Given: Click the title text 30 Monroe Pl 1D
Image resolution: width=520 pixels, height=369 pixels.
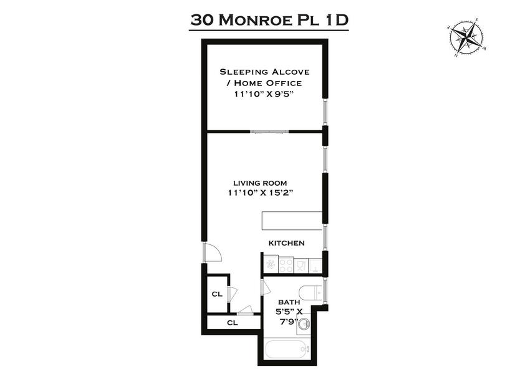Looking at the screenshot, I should coord(269,19).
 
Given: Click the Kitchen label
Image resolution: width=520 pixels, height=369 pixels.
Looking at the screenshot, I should coord(286,243).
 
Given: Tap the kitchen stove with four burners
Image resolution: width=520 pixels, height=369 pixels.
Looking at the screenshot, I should coord(286,266).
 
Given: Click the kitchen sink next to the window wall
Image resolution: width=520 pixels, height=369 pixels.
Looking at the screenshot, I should coord(315,266).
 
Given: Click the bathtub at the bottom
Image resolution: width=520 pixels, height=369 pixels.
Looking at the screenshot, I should coord(284,352).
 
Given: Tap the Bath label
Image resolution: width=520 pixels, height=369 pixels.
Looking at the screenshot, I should coord(289,302).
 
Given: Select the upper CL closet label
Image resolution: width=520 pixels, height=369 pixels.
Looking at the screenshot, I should coord(217,294).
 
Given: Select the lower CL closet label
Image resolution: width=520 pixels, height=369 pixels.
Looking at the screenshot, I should coord(232,323).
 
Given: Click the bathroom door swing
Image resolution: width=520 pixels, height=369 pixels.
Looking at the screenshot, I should coord(265,288).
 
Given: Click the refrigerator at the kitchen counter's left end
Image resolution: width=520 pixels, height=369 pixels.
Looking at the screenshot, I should coord(270,265).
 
